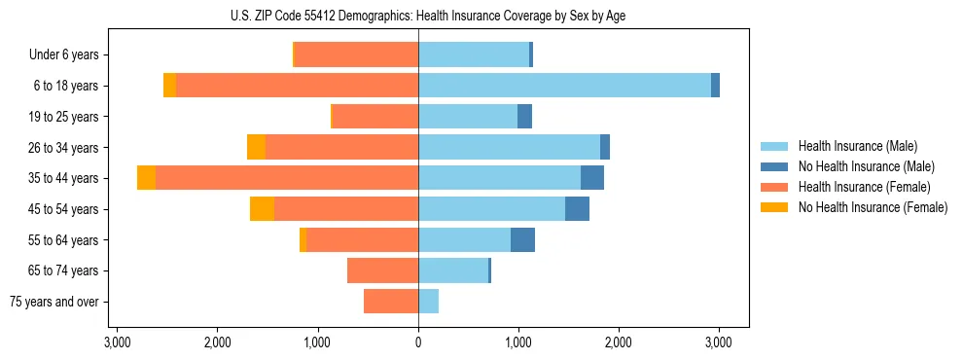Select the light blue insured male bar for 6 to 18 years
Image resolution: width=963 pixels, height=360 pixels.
coord(564,86)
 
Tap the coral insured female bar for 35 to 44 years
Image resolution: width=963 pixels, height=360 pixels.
coord(287,178)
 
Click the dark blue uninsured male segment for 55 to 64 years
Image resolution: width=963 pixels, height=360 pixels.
coord(522,239)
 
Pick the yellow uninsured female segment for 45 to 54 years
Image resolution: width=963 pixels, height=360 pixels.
coord(262,209)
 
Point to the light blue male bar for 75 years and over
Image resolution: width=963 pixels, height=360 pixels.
coord(429,302)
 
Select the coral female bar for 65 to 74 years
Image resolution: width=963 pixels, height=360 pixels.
coord(382,270)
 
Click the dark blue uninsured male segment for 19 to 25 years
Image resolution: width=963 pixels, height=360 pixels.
coord(524,117)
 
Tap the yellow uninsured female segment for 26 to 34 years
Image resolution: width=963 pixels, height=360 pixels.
coord(256,147)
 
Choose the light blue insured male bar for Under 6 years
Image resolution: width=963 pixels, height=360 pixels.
coord(474,54)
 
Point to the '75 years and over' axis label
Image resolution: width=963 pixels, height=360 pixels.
coord(54,303)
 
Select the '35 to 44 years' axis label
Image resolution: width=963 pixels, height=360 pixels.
coord(65,179)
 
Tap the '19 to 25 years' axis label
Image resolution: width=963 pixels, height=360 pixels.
coord(65,117)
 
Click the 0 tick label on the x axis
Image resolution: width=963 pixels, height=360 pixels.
coord(418,342)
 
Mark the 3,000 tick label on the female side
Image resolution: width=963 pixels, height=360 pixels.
coord(117,342)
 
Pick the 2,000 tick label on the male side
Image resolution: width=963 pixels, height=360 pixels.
coord(619,342)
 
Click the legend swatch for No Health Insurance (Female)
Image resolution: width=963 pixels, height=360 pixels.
coord(774,207)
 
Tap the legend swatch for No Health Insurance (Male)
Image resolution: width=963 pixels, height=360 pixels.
coord(774,166)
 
